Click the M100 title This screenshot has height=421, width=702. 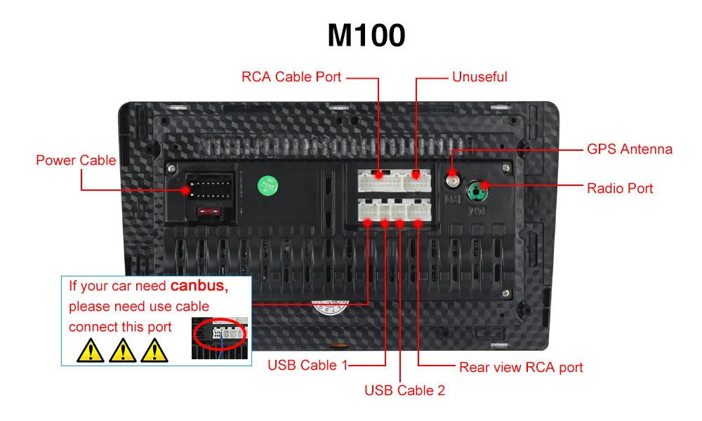point(366,35)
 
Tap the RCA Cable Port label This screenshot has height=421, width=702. point(291,76)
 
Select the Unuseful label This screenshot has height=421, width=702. point(479,76)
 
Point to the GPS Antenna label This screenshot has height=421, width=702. point(629,149)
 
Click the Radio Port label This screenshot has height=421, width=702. point(620,188)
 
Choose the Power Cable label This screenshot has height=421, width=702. point(76,161)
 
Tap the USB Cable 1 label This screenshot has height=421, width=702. point(307,366)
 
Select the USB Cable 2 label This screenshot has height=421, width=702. point(404,390)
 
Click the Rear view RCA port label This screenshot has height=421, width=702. point(521,367)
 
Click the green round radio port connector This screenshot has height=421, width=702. point(478,189)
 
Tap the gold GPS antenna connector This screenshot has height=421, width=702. point(452,183)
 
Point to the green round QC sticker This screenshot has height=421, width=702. point(267,185)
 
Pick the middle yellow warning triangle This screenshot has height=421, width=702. point(124,349)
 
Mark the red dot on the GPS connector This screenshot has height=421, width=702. point(453,173)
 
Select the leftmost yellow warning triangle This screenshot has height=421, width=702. point(90,349)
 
